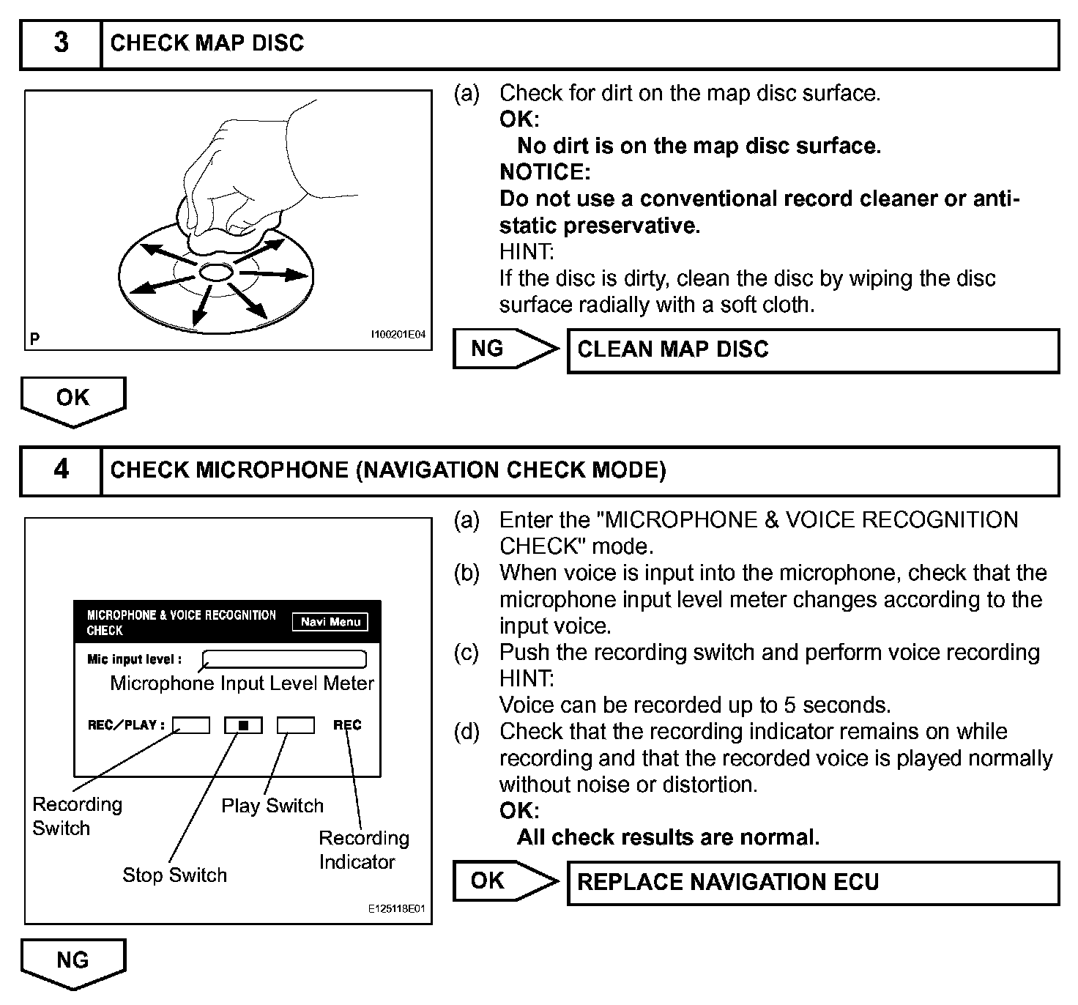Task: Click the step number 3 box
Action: [62, 44]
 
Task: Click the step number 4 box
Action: [62, 470]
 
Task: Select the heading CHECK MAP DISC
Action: [207, 43]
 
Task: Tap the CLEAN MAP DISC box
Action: [813, 350]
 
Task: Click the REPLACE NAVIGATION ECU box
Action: [813, 883]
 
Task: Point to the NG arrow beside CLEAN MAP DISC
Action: [504, 349]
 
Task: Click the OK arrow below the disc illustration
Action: [73, 400]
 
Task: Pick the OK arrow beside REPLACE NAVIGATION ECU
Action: [504, 881]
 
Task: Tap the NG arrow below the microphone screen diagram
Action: [73, 962]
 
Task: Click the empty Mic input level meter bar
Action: [284, 659]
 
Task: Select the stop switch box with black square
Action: [243, 725]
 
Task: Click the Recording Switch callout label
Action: [77, 816]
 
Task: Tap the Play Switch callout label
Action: [272, 806]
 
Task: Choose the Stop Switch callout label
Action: [174, 875]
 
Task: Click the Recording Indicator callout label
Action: [363, 850]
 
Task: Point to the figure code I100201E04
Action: [398, 335]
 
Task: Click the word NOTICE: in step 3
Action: [545, 172]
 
